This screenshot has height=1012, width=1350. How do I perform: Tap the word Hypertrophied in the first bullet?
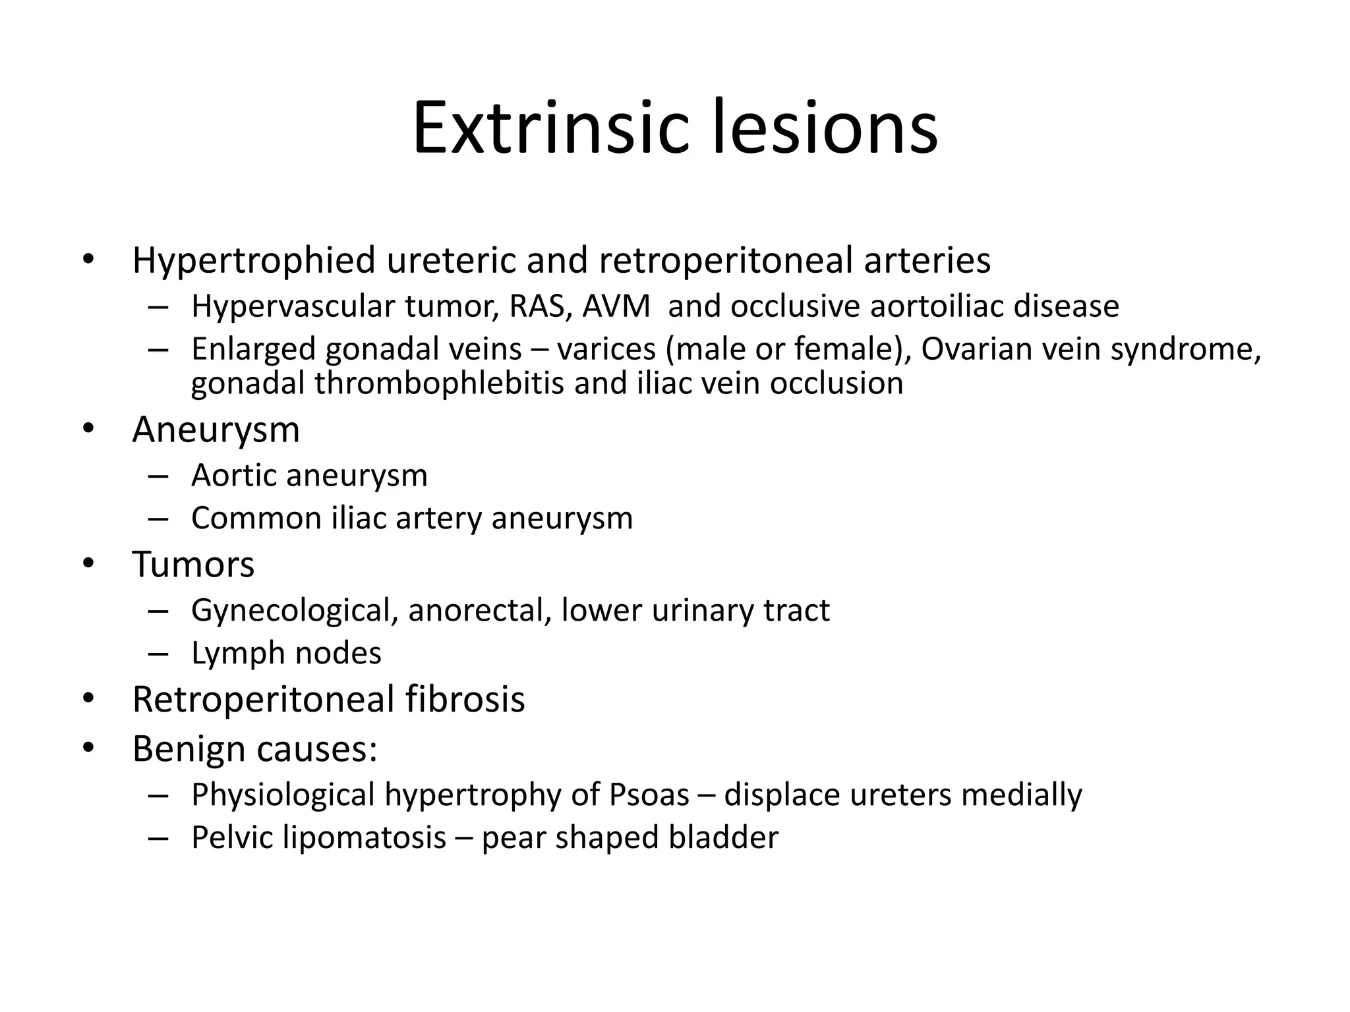click(254, 260)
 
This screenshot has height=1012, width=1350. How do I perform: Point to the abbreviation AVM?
click(616, 306)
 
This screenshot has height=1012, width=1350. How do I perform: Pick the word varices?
click(606, 349)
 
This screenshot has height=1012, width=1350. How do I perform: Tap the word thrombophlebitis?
click(439, 383)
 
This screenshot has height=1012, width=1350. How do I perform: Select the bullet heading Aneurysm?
click(216, 430)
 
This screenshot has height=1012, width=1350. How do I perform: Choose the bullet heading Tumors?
click(193, 565)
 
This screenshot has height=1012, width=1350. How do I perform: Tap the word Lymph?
click(238, 653)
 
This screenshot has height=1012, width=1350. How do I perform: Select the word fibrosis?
click(465, 699)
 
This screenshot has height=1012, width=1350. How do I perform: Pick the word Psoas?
click(649, 795)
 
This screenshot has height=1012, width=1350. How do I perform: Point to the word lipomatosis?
click(365, 837)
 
